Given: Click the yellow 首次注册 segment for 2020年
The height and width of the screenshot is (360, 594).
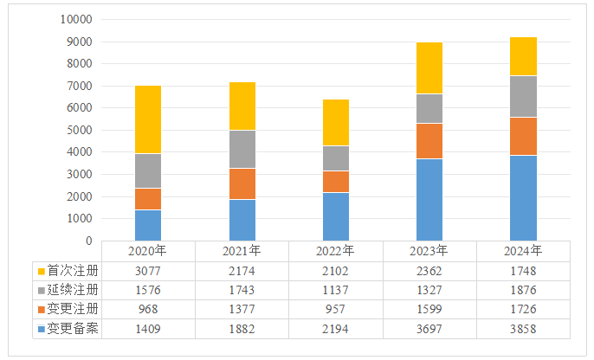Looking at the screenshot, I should [148, 119].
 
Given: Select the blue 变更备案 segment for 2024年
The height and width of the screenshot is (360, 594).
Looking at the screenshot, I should [523, 197].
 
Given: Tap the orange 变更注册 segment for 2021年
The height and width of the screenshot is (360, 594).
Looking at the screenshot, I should [242, 183].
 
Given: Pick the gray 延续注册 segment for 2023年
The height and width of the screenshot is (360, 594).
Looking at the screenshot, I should [429, 108].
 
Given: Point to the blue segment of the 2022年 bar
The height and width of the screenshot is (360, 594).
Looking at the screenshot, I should [335, 216].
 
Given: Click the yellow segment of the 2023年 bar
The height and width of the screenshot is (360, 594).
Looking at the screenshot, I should [429, 67].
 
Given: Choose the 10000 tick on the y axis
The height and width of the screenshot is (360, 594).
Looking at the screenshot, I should [76, 19].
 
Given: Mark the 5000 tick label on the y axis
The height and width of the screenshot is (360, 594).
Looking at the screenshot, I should [79, 130].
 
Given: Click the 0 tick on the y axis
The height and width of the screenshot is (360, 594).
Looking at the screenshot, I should [89, 241].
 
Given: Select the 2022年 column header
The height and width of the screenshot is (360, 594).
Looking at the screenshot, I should [336, 251].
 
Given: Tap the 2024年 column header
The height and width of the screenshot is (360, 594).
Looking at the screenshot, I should [523, 251].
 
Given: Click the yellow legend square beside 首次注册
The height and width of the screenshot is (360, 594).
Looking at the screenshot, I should [40, 270].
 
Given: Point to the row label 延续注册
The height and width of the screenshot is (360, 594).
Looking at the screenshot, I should [73, 289].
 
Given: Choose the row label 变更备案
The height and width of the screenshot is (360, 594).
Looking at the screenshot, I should [73, 328].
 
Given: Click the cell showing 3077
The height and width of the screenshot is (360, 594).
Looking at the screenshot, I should [148, 270].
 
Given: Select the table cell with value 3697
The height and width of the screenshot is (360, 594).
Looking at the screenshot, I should [429, 328].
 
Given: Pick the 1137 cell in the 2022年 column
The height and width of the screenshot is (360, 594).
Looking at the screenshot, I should [336, 289].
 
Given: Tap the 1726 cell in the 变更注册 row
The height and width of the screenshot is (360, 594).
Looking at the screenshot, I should [523, 309].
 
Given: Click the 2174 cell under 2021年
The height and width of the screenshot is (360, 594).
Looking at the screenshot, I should [242, 270].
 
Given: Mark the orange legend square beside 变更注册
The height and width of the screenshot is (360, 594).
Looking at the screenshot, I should [40, 309].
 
